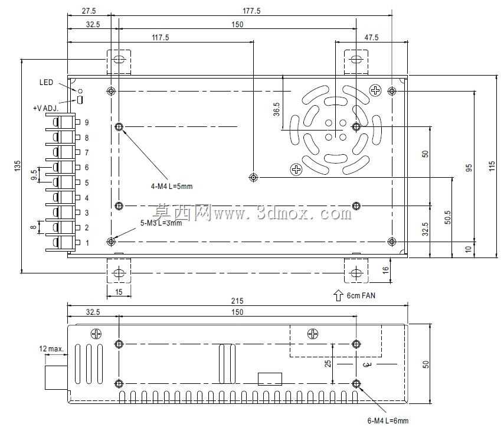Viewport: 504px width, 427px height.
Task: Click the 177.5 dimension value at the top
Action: (251, 11)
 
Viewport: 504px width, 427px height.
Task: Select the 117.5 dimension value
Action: (161, 38)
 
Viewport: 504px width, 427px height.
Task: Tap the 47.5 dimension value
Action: (371, 38)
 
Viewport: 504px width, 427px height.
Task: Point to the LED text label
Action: (46, 82)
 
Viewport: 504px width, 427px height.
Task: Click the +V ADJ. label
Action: (46, 109)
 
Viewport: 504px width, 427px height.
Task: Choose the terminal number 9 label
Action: (87, 123)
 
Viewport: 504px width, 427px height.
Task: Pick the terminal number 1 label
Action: (87, 243)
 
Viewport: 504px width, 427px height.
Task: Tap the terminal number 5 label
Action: (87, 182)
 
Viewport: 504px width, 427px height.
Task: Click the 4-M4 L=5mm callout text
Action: (172, 186)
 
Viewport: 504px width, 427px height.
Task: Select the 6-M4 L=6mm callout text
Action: (388, 421)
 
